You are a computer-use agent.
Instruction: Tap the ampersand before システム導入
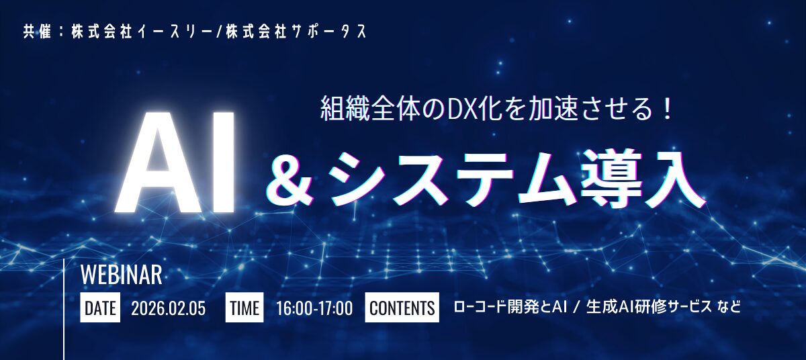tap(294, 179)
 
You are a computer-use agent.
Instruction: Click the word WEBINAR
tap(121, 275)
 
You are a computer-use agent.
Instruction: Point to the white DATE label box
tap(100, 308)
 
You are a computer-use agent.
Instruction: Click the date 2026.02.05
tap(168, 308)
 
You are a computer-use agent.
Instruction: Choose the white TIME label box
tap(244, 308)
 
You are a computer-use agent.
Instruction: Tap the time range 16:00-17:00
tap(314, 308)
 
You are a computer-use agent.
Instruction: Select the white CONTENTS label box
tap(402, 308)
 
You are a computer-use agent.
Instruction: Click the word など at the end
tap(728, 308)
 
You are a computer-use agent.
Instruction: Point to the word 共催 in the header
tap(37, 32)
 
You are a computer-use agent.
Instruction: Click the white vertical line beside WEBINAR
tap(64, 309)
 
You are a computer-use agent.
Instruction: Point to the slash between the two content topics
tap(576, 308)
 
